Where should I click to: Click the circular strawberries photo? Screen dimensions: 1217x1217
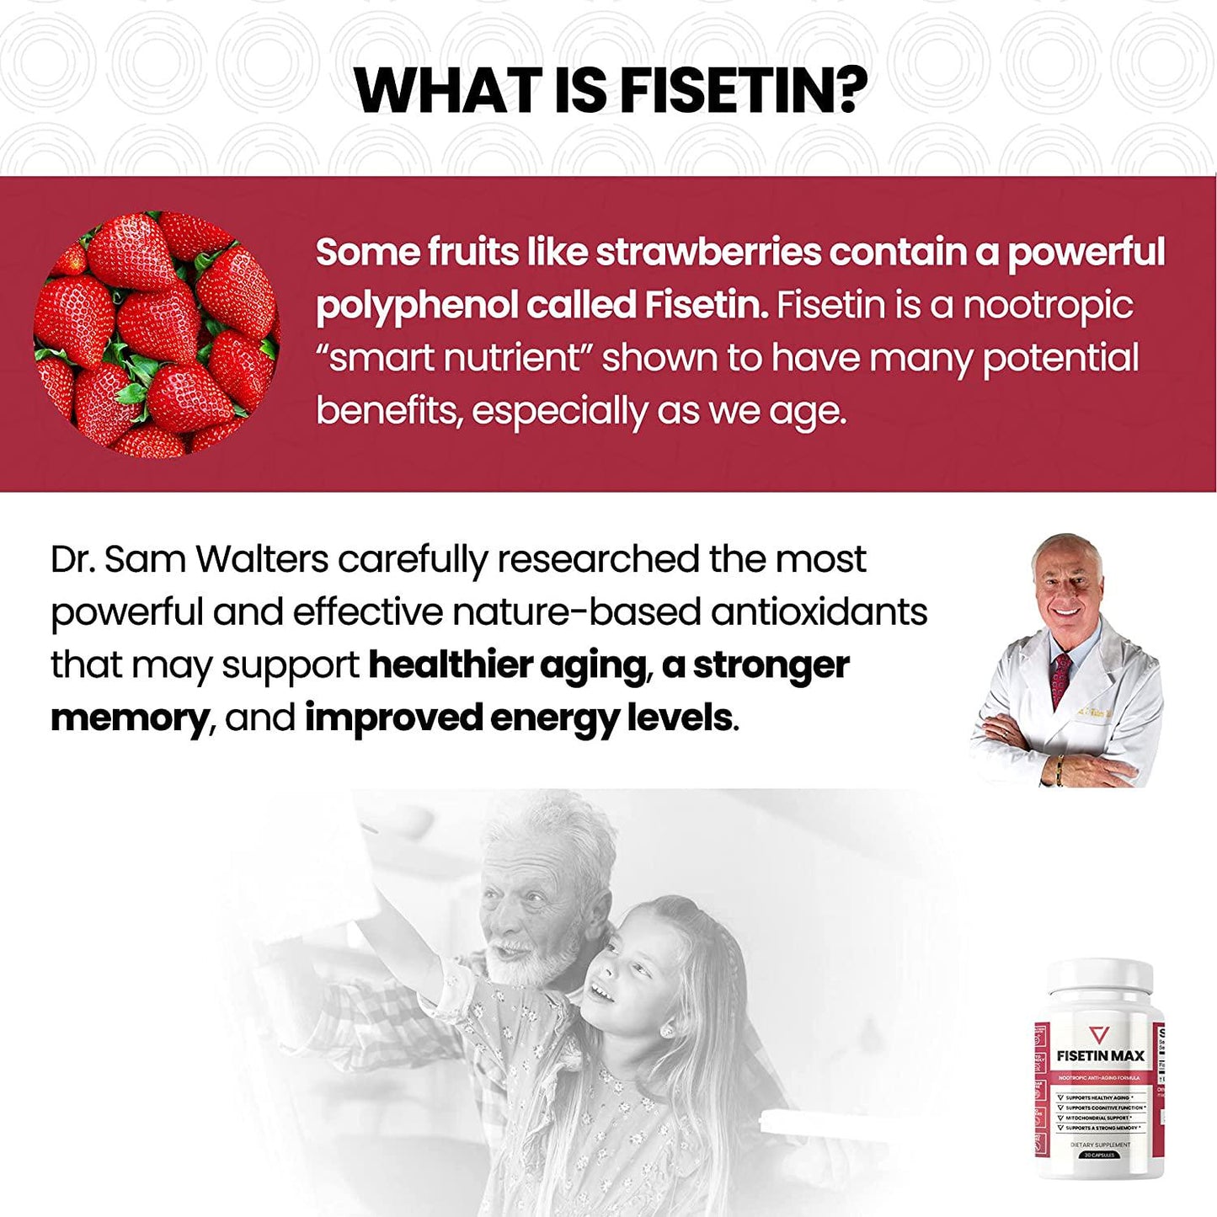click(156, 334)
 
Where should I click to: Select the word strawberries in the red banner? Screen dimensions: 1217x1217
click(708, 252)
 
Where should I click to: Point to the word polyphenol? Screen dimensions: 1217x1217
click(416, 306)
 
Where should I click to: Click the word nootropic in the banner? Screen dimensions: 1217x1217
click(1048, 305)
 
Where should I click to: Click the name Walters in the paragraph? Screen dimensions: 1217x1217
click(262, 560)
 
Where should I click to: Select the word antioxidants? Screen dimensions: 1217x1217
click(819, 612)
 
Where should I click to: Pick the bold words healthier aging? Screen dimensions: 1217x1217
click(508, 665)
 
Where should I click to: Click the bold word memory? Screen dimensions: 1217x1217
click(129, 718)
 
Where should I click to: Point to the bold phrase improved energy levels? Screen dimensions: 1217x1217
click(518, 718)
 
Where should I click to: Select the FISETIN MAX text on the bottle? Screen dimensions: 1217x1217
click(1100, 1056)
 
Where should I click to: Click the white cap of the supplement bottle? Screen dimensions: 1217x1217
click(1099, 978)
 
